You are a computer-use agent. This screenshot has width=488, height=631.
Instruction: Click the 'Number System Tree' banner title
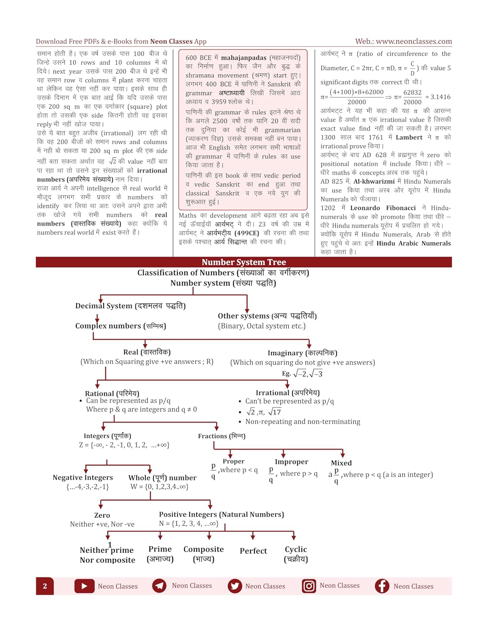tap(244, 262)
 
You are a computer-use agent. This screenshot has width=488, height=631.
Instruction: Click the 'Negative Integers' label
tap(83, 477)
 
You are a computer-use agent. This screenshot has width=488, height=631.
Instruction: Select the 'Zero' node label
tap(102, 515)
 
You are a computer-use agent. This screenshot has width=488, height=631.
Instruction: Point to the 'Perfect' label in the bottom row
tap(253, 551)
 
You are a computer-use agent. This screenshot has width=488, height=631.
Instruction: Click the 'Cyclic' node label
tap(296, 549)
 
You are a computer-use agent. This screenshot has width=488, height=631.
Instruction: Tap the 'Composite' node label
tap(203, 549)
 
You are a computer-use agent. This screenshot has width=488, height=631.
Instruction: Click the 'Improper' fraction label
tap(291, 462)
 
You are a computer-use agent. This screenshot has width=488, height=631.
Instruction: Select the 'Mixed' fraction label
tap(341, 463)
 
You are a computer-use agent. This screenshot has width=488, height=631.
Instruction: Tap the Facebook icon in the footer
tap(382, 586)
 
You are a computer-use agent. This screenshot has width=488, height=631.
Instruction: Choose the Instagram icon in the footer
tap(309, 586)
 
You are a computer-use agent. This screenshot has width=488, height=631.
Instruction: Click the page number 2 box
tap(45, 586)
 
